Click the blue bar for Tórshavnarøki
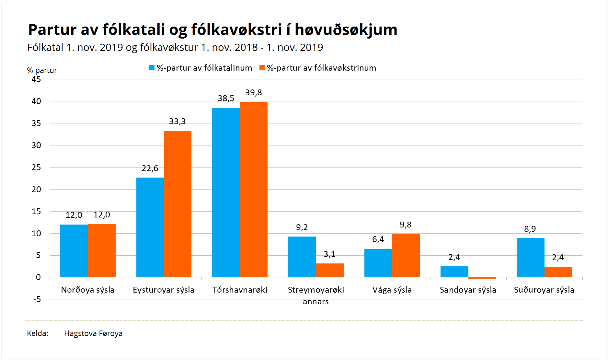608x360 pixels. tap(226, 192)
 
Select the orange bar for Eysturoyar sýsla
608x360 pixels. tap(178, 204)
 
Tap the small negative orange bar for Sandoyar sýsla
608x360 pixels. tap(482, 278)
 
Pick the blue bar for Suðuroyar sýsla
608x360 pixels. tap(530, 258)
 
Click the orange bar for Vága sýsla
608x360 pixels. tap(406, 255)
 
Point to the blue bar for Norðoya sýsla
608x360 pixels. tap(74, 251)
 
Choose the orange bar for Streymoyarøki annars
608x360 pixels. tap(330, 270)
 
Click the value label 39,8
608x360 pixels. tap(253, 93)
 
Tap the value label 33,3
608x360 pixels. tap(177, 122)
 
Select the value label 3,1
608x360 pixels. tap(329, 254)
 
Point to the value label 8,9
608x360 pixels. tap(530, 229)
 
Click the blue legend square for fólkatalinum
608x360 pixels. tap(152, 68)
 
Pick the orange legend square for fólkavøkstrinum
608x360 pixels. tap(262, 68)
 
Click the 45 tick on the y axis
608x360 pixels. tap(36, 79)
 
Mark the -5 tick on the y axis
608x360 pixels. tap(37, 299)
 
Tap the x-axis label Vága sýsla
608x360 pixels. tap(392, 290)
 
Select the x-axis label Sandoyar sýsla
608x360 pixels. tap(468, 290)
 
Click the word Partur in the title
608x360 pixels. tap(52, 30)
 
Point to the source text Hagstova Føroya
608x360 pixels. tap(93, 333)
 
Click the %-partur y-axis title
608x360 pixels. tap(42, 70)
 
